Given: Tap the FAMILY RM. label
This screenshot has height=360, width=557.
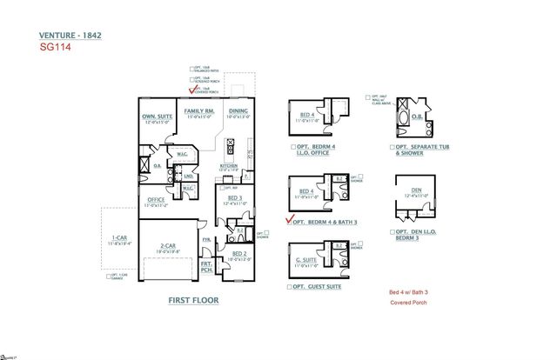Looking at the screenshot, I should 198,112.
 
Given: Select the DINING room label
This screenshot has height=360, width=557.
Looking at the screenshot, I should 237,112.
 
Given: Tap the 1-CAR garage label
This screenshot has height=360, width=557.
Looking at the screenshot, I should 119,238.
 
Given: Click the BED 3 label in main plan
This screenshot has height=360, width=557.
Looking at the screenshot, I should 234,198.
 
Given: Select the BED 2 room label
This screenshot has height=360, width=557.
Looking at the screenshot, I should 238,253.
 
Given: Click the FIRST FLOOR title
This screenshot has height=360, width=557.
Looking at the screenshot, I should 193,300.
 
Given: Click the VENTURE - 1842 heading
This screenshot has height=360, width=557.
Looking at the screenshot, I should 69,36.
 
